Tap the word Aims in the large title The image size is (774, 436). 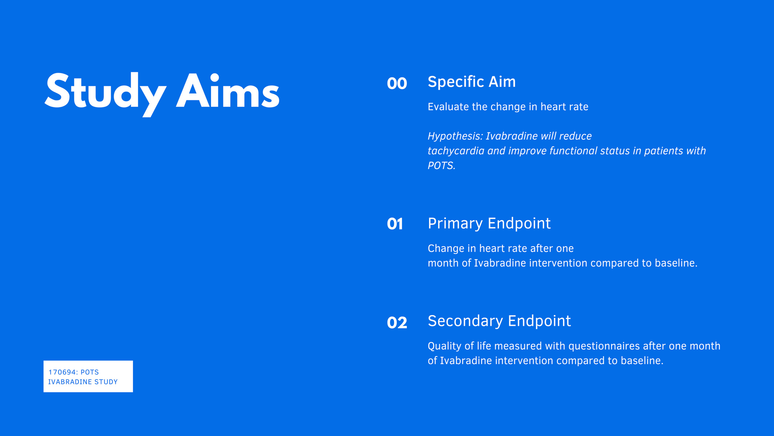(228, 91)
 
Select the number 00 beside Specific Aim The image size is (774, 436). (397, 84)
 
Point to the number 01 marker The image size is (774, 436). (395, 224)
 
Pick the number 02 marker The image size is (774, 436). (397, 323)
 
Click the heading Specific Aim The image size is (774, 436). (471, 82)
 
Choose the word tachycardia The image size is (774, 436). (456, 151)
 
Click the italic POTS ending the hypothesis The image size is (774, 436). (441, 166)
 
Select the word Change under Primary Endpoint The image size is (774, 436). (441, 249)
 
